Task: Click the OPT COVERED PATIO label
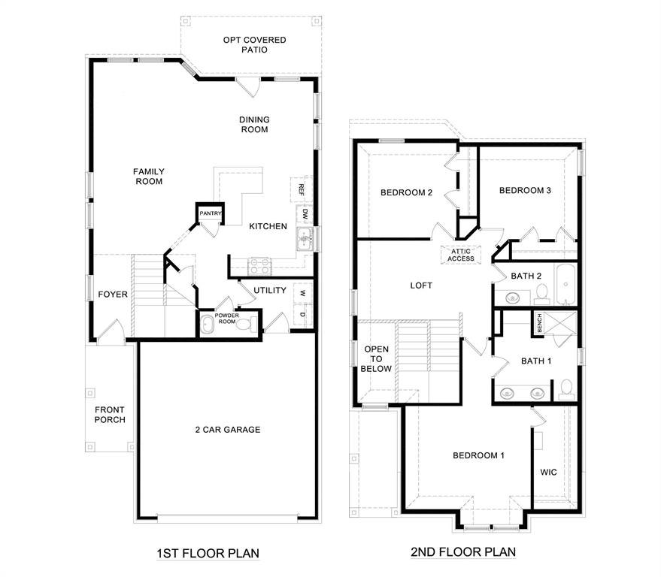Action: click(254, 44)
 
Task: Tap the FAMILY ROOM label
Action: click(149, 177)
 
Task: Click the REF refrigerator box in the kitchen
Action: click(301, 188)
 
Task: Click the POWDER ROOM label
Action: click(226, 317)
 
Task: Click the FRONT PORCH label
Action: click(110, 415)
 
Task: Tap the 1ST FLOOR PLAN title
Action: click(208, 554)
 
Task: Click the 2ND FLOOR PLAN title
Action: click(463, 552)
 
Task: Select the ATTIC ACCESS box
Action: click(461, 255)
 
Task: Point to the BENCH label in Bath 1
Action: click(539, 323)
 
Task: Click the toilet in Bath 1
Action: click(566, 388)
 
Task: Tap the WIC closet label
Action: click(549, 473)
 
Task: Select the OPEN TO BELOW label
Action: click(377, 359)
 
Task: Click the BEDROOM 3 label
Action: click(526, 191)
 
